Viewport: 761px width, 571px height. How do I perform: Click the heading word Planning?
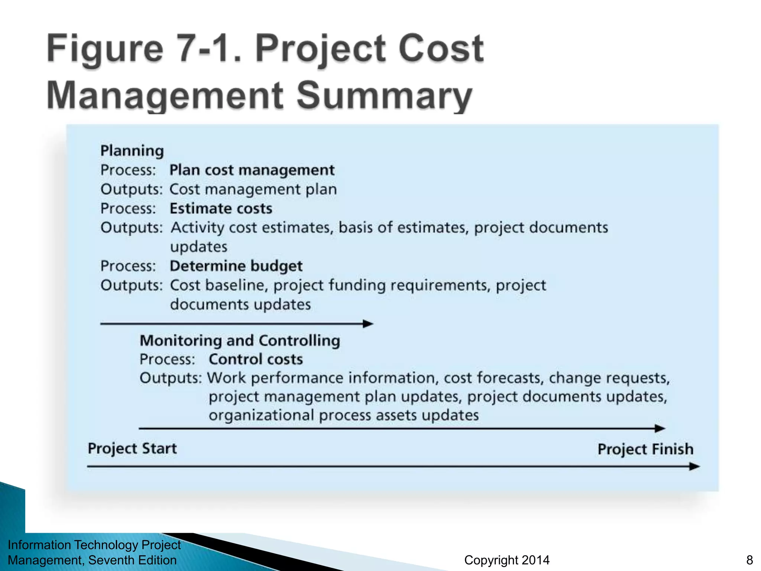(132, 151)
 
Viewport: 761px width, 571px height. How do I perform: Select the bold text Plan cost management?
(252, 170)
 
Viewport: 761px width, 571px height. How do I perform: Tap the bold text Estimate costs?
(221, 209)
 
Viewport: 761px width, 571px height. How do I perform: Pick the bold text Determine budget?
(236, 266)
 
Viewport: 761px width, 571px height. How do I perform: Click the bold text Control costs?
(256, 359)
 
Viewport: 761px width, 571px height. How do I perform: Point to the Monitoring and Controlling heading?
(240, 341)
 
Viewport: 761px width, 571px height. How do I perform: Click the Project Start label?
(132, 448)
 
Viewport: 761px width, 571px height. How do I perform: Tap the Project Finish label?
(645, 449)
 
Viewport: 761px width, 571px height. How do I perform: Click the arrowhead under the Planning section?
(368, 324)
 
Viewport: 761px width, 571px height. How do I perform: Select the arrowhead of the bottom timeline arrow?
(694, 466)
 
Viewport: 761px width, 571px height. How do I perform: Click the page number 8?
(749, 560)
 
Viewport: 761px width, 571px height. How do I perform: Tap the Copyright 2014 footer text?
(506, 560)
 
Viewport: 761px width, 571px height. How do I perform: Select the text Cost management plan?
(253, 190)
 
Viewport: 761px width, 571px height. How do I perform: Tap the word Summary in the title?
(384, 95)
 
